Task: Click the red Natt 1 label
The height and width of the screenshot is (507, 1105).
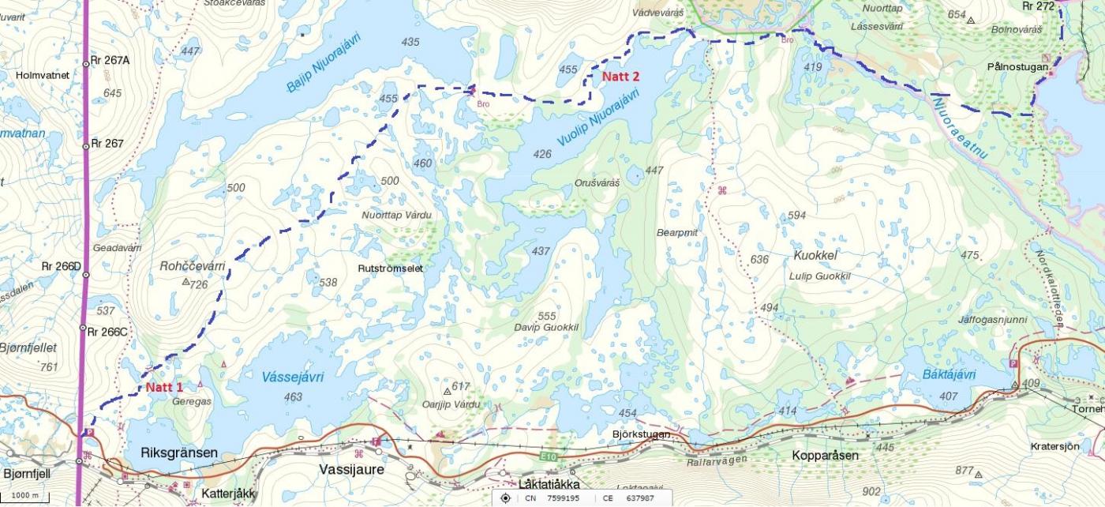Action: click(163, 388)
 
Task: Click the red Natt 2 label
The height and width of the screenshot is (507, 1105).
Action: click(620, 77)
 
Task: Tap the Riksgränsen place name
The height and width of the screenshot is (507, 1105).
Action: click(178, 453)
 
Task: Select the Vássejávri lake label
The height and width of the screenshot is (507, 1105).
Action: click(292, 377)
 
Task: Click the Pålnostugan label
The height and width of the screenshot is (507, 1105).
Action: click(1017, 68)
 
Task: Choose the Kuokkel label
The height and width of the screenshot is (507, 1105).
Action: click(815, 255)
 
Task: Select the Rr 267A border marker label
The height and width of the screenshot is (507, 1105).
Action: click(110, 59)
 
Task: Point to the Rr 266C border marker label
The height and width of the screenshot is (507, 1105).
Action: click(107, 332)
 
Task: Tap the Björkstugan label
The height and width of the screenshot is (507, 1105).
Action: click(641, 434)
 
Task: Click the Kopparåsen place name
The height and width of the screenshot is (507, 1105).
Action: click(825, 456)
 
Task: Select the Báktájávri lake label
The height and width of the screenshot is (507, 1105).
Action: click(949, 374)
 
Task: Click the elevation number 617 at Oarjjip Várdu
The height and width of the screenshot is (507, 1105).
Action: click(461, 386)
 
